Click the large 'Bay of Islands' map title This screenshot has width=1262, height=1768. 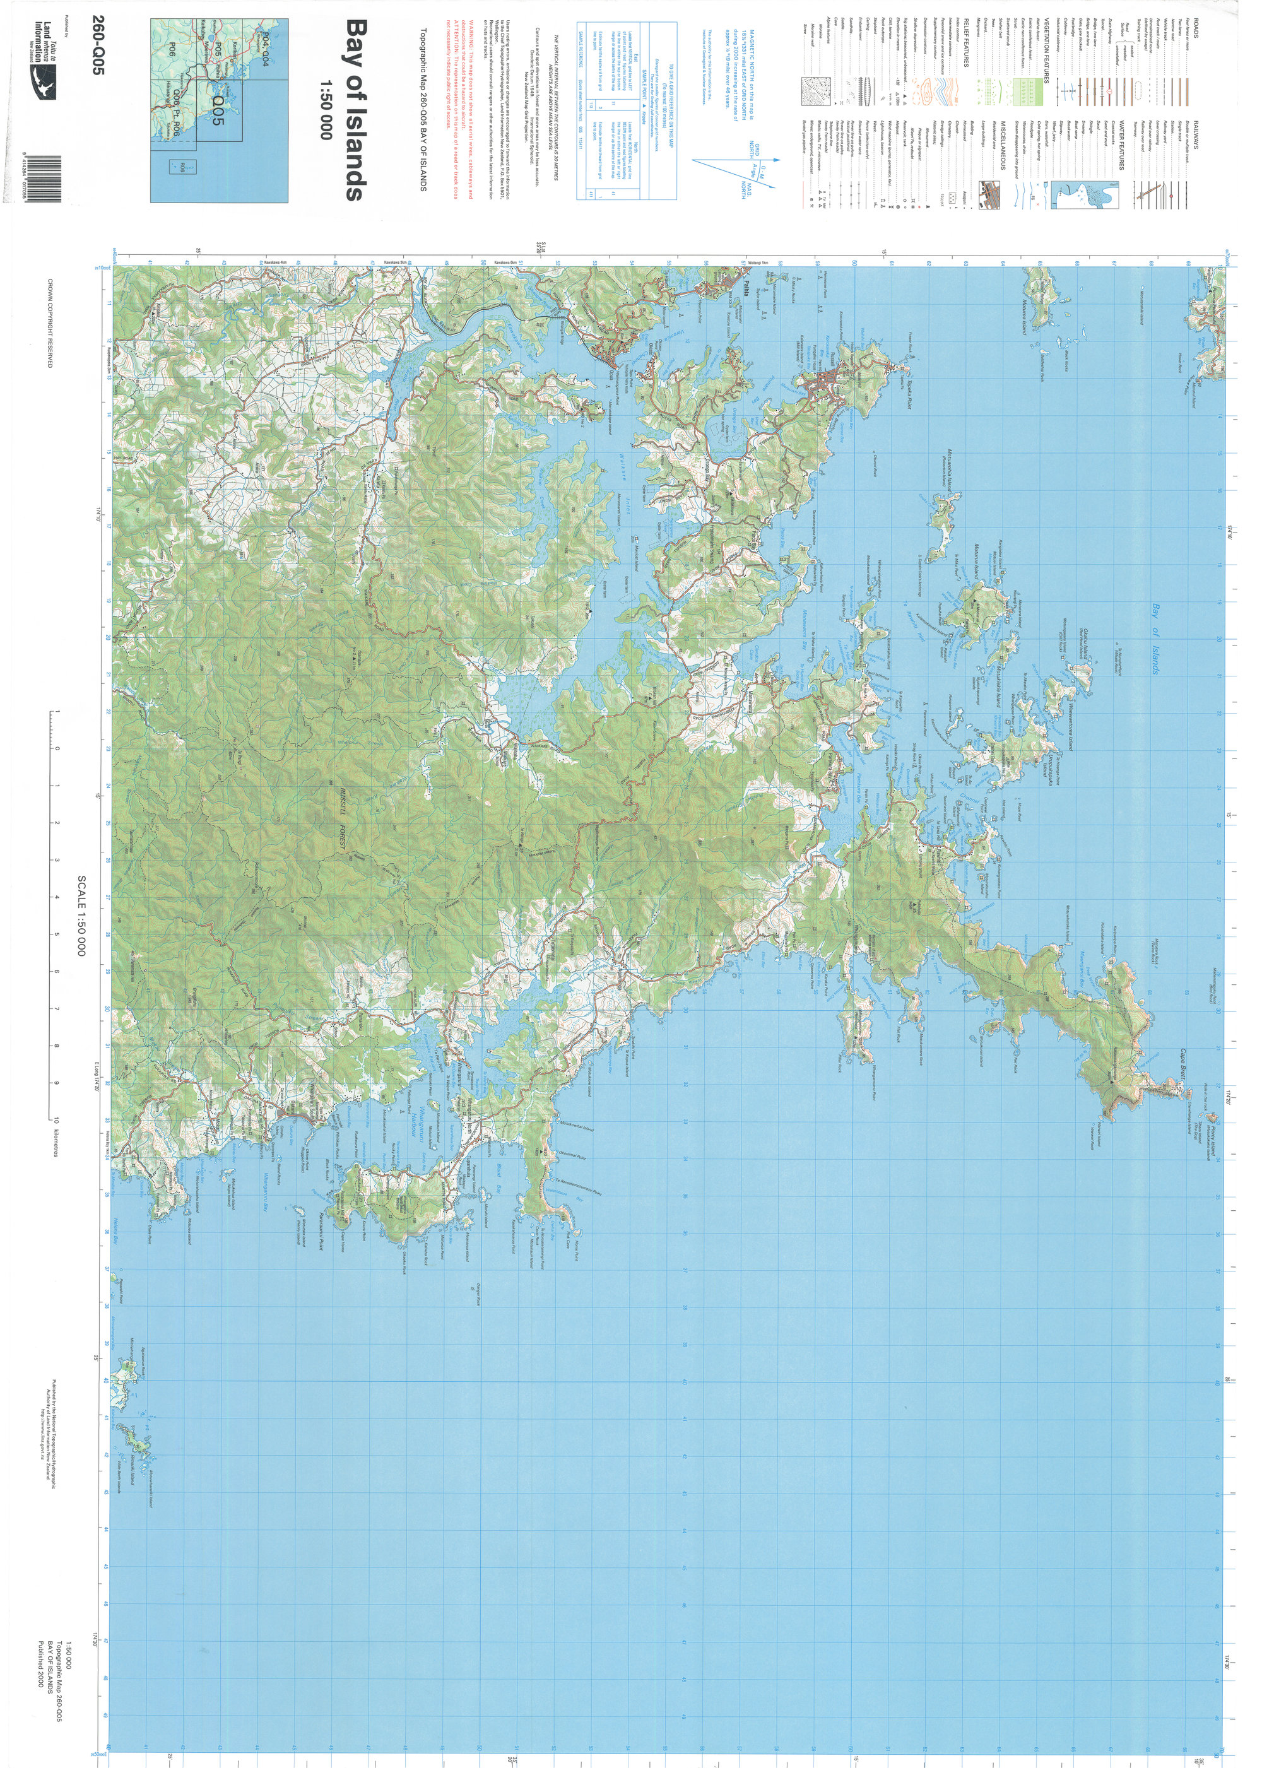coord(353,110)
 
